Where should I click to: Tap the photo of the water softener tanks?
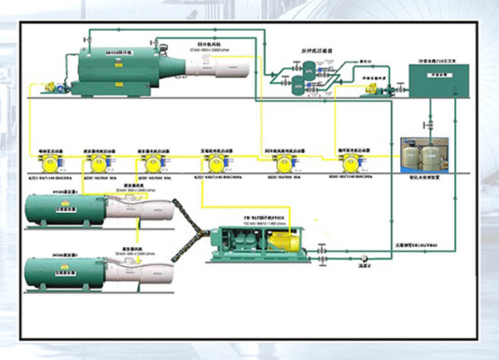426,155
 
